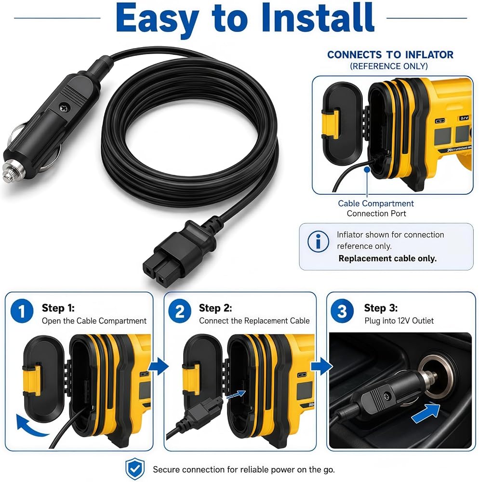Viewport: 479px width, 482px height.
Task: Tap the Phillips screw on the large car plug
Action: coord(65,107)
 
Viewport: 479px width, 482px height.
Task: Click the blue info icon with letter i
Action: coord(318,241)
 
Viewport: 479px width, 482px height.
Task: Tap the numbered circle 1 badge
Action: coord(22,311)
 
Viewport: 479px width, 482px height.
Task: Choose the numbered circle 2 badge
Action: coord(180,311)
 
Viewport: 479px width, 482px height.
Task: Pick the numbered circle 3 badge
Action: coord(342,311)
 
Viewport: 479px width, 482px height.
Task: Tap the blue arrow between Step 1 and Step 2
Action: coord(159,366)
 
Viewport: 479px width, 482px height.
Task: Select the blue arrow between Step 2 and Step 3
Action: coord(321,366)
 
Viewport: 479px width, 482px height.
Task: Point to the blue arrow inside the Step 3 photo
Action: coord(426,413)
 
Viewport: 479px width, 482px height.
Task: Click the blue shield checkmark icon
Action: coord(135,469)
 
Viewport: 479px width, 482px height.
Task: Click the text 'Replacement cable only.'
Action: coord(387,258)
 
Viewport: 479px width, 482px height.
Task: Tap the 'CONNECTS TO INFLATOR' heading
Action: coord(390,55)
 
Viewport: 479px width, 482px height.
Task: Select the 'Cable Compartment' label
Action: coord(376,203)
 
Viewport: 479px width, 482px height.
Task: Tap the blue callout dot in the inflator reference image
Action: coord(367,169)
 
